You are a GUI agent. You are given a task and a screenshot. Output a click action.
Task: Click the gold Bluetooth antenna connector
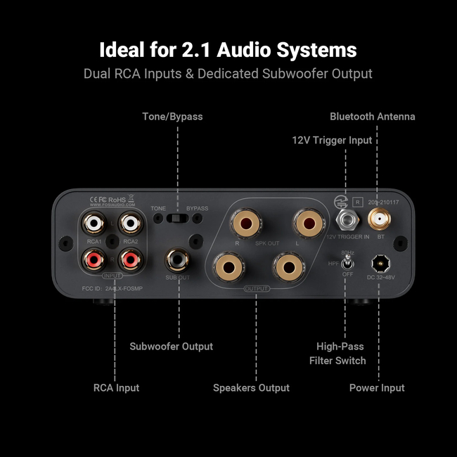click(x=379, y=221)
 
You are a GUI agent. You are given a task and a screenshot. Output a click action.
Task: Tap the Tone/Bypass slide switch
click(x=177, y=219)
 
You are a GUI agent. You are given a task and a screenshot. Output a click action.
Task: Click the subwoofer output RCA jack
click(x=177, y=262)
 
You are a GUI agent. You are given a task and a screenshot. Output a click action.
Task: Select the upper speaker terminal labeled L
click(x=307, y=225)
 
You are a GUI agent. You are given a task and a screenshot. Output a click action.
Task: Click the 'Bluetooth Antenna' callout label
click(x=373, y=116)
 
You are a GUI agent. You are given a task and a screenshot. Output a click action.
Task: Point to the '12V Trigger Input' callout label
click(x=332, y=140)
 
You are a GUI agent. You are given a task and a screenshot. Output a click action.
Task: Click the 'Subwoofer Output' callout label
click(x=171, y=346)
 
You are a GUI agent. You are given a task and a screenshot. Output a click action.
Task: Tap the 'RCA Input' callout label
click(x=116, y=387)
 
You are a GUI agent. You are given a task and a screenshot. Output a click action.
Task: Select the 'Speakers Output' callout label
click(x=251, y=387)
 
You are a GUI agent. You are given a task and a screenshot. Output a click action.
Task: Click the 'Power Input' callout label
click(x=377, y=387)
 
